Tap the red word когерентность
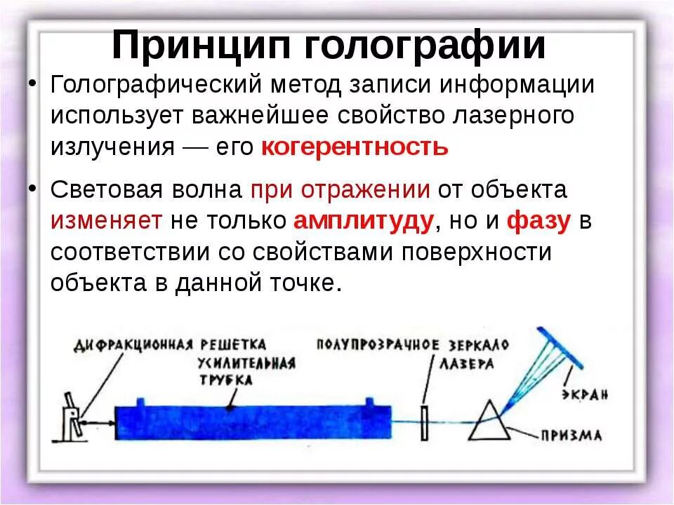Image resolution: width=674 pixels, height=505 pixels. click(x=354, y=147)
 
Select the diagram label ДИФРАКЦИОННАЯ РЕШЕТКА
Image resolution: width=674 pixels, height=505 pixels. click(x=169, y=344)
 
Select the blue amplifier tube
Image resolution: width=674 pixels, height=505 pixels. click(x=246, y=422)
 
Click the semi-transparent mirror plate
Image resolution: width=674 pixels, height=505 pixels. click(x=424, y=421)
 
